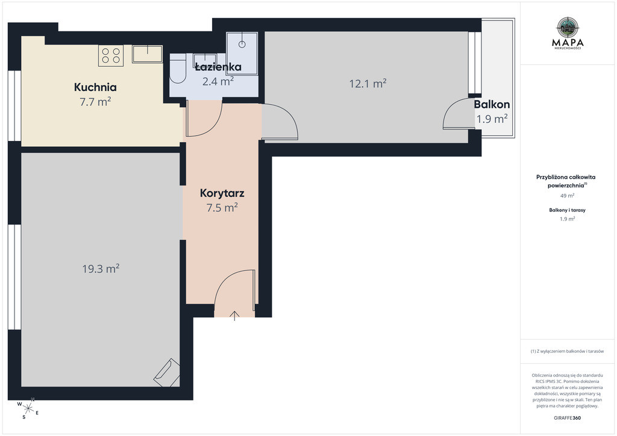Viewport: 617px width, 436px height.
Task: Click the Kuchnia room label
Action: pyautogui.click(x=95, y=87)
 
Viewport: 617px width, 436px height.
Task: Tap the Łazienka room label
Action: pyautogui.click(x=218, y=67)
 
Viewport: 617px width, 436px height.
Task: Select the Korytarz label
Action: pyautogui.click(x=222, y=193)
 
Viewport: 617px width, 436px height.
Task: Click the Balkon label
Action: pyautogui.click(x=492, y=104)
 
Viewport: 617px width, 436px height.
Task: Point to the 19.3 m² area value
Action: pyautogui.click(x=101, y=269)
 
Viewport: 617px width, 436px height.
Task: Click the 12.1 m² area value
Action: pyautogui.click(x=368, y=83)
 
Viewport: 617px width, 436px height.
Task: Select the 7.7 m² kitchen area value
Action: pyautogui.click(x=95, y=101)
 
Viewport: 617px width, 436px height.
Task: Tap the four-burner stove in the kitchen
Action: pyautogui.click(x=111, y=55)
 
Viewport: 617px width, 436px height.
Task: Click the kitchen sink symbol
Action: pyautogui.click(x=147, y=54)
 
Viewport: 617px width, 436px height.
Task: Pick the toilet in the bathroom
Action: pyautogui.click(x=178, y=71)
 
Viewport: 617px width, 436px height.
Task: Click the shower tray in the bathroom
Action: pyautogui.click(x=242, y=53)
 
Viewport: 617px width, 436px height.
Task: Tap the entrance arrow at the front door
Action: pyautogui.click(x=234, y=316)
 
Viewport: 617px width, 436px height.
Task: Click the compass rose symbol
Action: pyautogui.click(x=28, y=408)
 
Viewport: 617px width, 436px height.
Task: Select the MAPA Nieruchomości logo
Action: pyautogui.click(x=568, y=33)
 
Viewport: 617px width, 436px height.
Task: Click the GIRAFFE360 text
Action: pyautogui.click(x=567, y=418)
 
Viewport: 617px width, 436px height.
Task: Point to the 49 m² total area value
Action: pyautogui.click(x=567, y=195)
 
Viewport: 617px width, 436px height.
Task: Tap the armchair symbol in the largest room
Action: pyautogui.click(x=167, y=372)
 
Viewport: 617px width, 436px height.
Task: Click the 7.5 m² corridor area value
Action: pyautogui.click(x=222, y=207)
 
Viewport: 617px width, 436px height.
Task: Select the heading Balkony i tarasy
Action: pyautogui.click(x=567, y=210)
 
